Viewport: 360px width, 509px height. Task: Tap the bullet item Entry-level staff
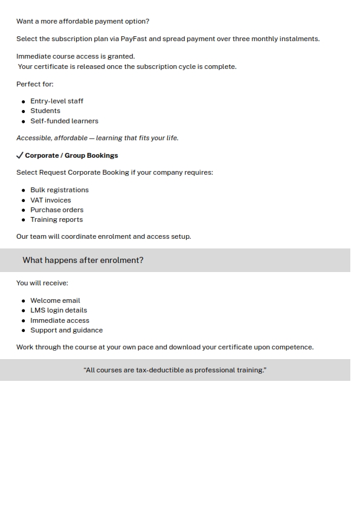click(57, 101)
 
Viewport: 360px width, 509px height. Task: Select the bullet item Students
click(45, 111)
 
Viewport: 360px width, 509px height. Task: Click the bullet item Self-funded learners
click(64, 121)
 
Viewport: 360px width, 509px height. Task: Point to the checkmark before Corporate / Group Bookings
click(20, 155)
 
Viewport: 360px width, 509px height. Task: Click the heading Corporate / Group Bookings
click(71, 155)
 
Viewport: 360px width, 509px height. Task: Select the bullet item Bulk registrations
click(59, 190)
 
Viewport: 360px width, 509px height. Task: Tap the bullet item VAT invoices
click(51, 200)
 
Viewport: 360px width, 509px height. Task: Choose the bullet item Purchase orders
click(57, 210)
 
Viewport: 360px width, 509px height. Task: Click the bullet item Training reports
click(56, 219)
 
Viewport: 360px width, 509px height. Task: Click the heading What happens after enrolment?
click(83, 260)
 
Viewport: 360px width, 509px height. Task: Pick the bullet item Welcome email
click(55, 300)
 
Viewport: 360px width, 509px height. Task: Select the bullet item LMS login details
click(59, 310)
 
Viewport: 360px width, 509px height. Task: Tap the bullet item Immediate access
click(60, 320)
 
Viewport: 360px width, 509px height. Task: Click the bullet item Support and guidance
click(66, 330)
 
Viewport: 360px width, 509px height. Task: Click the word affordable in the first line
click(76, 21)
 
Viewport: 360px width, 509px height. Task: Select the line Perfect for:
click(34, 84)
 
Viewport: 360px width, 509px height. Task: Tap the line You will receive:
click(42, 283)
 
